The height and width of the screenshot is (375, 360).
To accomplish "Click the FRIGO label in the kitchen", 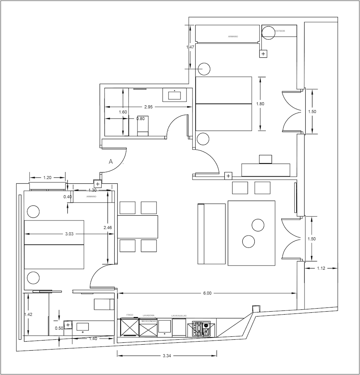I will click(x=130, y=315).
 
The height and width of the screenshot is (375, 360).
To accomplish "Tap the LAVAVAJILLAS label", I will click(x=179, y=316).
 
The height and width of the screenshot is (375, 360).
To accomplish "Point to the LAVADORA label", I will click(x=149, y=316).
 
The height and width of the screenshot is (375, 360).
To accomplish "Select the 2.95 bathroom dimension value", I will click(x=148, y=107).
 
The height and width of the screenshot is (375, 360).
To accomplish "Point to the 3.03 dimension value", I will click(x=69, y=234).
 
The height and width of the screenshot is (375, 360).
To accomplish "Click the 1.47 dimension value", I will click(x=191, y=47).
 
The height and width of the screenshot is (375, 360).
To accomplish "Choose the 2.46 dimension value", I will click(x=108, y=227).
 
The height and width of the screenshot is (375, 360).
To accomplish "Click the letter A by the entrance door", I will click(x=111, y=162).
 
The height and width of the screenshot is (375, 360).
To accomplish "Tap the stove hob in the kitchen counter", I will click(x=201, y=328).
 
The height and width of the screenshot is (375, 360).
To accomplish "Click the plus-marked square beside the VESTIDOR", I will click(x=263, y=54).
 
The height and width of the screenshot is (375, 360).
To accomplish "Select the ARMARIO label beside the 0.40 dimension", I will click(x=91, y=196).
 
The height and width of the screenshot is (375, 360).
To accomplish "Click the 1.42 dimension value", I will click(x=28, y=315).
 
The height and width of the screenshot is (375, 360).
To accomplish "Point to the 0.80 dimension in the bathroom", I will click(x=140, y=118).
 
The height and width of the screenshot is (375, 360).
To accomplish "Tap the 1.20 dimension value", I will click(x=47, y=177).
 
